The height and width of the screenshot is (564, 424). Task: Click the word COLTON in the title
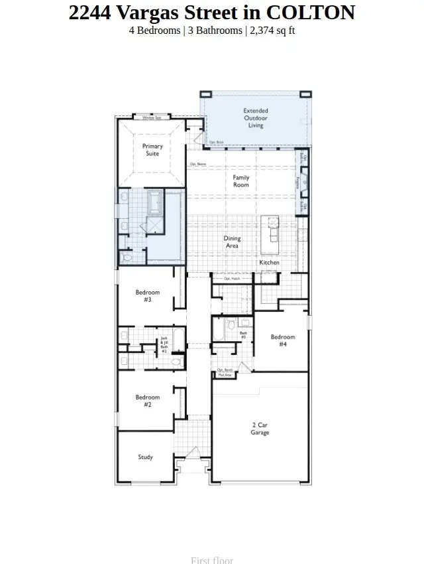pyautogui.click(x=311, y=13)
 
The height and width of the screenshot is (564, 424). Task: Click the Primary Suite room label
pyautogui.click(x=152, y=150)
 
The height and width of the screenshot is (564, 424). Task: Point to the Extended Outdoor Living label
pyautogui.click(x=256, y=118)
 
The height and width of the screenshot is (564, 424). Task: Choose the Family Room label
pyautogui.click(x=241, y=181)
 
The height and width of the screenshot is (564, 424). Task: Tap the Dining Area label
pyautogui.click(x=232, y=242)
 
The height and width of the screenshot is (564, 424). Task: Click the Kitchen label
pyautogui.click(x=270, y=263)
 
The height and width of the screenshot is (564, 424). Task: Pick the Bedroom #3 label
pyautogui.click(x=148, y=296)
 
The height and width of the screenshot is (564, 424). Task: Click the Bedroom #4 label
pyautogui.click(x=283, y=340)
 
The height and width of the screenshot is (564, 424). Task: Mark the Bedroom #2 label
pyautogui.click(x=148, y=401)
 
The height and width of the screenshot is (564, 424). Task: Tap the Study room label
pyautogui.click(x=146, y=457)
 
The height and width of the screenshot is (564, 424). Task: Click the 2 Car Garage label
pyautogui.click(x=260, y=429)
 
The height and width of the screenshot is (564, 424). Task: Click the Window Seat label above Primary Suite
pyautogui.click(x=152, y=117)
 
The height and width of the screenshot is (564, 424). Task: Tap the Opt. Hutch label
pyautogui.click(x=232, y=279)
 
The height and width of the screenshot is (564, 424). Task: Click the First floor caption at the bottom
pyautogui.click(x=212, y=559)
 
